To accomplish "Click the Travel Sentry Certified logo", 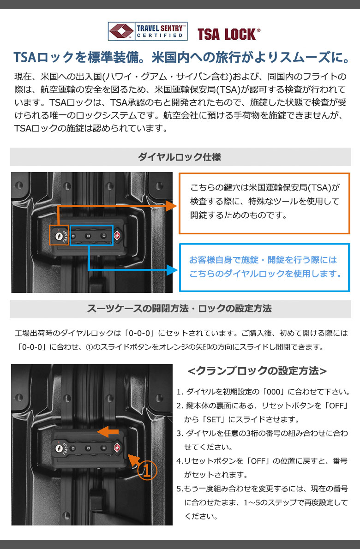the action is [x=147, y=31].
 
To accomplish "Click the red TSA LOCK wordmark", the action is [x=229, y=34].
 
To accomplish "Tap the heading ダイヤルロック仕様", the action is [x=180, y=157].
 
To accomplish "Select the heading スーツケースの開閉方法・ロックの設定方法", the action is [x=179, y=309].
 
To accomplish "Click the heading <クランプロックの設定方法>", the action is [x=258, y=371].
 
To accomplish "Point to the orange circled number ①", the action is [x=147, y=470].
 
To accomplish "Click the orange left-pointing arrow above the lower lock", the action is [x=108, y=432].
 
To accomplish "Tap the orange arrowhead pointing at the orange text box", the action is [x=172, y=206].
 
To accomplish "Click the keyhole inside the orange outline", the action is [x=59, y=236].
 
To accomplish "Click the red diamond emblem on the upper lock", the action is [x=117, y=236].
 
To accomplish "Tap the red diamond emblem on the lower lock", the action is [x=117, y=448].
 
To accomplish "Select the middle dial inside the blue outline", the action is [x=88, y=236].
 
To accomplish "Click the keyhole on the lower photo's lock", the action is [x=59, y=448].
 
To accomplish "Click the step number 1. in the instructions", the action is [x=180, y=392].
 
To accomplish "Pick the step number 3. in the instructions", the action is [x=180, y=434].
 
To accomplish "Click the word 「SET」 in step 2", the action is [x=214, y=419].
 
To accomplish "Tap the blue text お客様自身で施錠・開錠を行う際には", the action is [x=263, y=260].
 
